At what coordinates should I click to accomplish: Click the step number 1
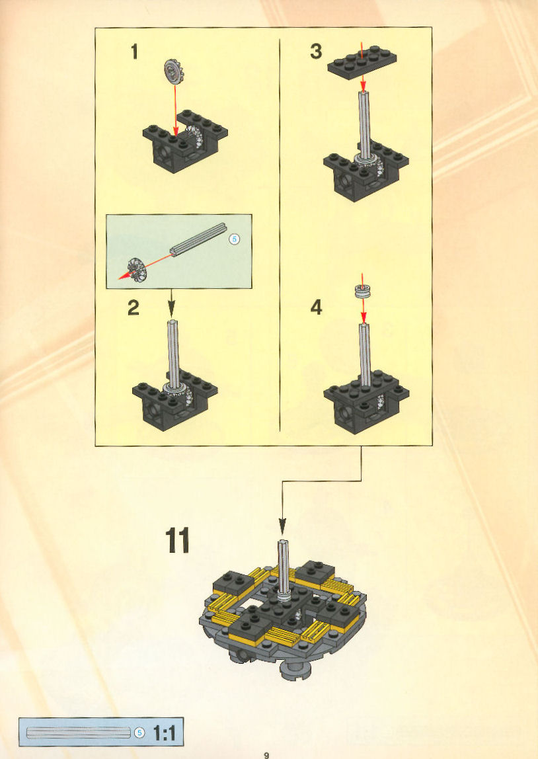135,52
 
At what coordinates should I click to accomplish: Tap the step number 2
134,308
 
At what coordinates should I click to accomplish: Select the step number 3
316,52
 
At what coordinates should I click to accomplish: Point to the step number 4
316,307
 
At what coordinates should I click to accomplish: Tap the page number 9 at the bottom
266,754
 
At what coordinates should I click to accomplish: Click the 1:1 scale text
165,733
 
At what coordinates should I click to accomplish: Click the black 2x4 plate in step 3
362,63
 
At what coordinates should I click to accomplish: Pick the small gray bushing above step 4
362,291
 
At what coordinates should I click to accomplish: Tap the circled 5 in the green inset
234,239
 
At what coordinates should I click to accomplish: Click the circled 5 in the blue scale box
140,733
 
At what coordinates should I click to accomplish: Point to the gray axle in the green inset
198,239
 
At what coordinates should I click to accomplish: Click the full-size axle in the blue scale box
79,733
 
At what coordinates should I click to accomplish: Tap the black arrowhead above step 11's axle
282,526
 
